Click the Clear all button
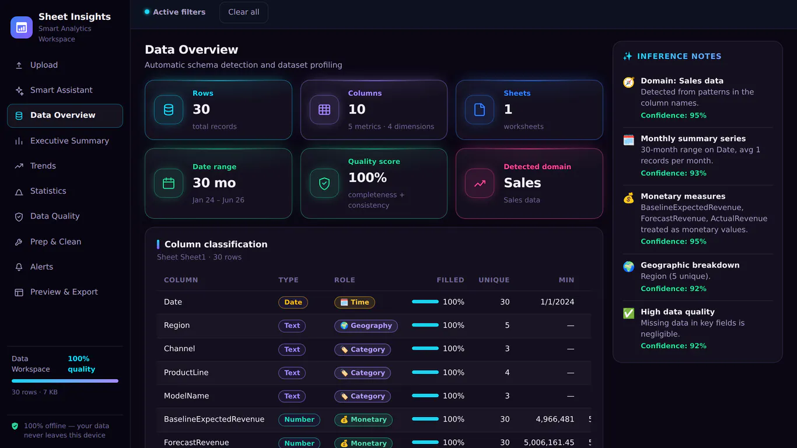244,12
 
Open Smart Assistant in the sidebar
61,90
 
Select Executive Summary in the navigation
69,141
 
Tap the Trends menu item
43,166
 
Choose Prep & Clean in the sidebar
55,242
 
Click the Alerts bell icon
19,267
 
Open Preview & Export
64,292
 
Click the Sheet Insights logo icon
22,27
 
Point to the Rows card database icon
169,110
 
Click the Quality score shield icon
324,183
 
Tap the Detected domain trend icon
480,183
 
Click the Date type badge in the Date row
293,302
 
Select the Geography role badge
366,325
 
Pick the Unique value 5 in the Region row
507,325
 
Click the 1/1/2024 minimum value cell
557,302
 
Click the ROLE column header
344,280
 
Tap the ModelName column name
187,395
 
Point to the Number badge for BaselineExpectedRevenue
299,419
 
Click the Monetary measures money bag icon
629,198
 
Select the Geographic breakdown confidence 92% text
673,289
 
